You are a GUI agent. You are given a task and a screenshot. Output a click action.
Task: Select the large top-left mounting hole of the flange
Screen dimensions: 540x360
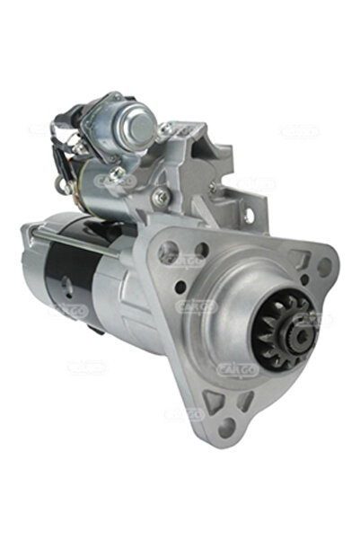click(168, 252)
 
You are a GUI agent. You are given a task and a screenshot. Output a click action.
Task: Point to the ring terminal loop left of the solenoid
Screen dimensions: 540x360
click(60, 185)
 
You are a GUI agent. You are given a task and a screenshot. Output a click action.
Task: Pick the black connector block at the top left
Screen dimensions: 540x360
click(70, 120)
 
